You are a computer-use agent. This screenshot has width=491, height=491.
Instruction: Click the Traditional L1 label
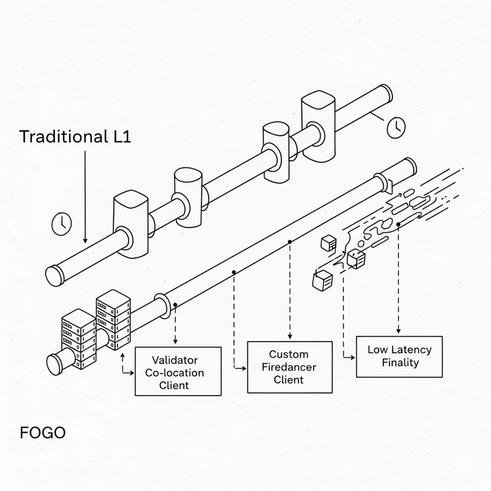75,137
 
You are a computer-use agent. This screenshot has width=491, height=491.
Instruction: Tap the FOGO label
42,433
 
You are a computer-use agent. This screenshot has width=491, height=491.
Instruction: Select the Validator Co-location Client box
178,371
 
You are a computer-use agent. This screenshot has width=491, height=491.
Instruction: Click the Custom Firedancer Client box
289,367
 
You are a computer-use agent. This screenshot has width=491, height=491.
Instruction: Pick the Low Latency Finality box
399,356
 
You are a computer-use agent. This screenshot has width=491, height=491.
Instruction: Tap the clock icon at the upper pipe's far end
396,128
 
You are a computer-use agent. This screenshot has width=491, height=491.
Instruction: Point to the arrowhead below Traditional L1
85,239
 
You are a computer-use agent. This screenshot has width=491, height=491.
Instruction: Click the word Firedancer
289,367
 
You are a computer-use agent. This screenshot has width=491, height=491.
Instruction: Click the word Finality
400,362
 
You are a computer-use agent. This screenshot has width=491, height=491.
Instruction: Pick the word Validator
175,360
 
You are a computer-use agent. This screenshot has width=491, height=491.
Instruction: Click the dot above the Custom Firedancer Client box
290,242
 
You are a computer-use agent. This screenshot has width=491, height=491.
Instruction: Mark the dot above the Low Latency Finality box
398,224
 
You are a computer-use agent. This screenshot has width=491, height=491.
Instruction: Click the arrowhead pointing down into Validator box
175,341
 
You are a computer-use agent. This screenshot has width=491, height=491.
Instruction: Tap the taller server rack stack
113,319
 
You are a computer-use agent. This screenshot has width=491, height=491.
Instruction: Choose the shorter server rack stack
78,338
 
